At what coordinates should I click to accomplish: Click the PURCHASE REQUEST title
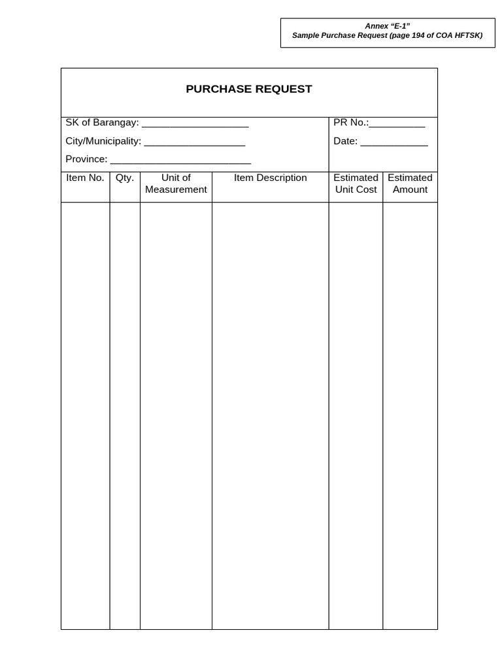(x=249, y=89)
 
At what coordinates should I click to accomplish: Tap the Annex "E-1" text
(x=388, y=26)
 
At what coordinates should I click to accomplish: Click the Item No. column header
(x=85, y=178)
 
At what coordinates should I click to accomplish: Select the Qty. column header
(x=125, y=178)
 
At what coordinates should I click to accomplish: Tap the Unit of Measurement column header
(x=176, y=184)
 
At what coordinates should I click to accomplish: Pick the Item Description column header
(x=270, y=178)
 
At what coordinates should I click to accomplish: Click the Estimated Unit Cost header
(x=356, y=184)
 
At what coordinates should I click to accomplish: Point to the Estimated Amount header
(x=410, y=184)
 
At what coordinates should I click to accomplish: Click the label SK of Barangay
(x=102, y=122)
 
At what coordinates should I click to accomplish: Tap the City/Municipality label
(x=103, y=141)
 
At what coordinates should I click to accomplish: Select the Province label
(x=86, y=159)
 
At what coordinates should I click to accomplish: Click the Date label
(x=345, y=141)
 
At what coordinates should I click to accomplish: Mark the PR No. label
(x=350, y=122)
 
